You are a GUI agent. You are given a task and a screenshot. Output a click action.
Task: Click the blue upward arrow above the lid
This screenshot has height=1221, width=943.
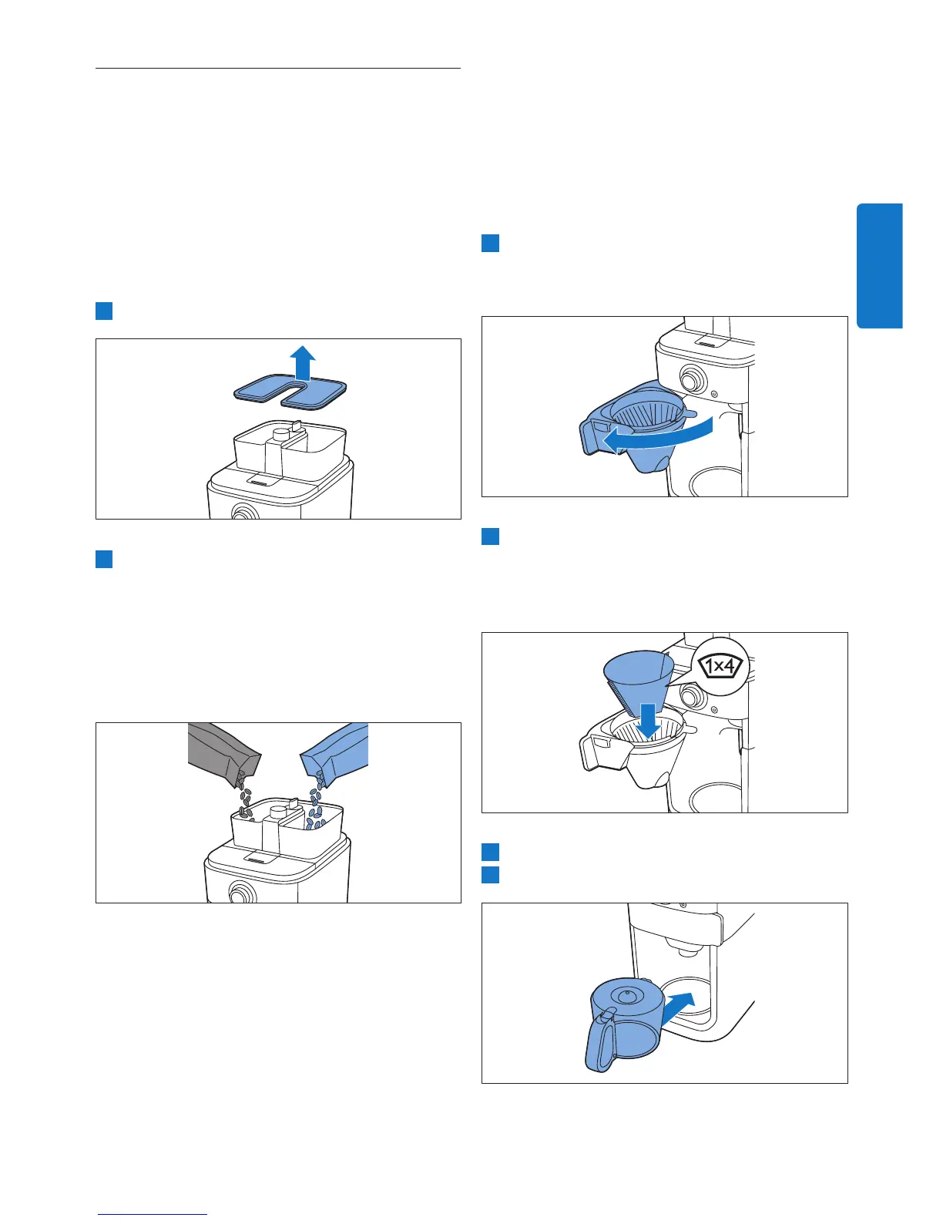point(302,363)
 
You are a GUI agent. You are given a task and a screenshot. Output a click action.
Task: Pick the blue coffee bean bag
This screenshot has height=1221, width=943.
point(335,750)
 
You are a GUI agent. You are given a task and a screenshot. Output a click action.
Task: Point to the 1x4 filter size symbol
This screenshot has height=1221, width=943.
point(720,667)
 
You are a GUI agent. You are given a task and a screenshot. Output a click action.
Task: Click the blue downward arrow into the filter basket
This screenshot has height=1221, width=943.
point(649,721)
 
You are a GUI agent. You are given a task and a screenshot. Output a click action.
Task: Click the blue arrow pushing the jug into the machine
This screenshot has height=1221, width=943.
point(678,1009)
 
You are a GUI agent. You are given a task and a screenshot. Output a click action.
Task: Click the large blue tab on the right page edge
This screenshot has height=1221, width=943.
point(879,265)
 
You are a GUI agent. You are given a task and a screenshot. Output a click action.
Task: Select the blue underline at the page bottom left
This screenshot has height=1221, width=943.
point(153,1210)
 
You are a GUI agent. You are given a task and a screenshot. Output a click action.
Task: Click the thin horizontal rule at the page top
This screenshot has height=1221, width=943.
point(278,68)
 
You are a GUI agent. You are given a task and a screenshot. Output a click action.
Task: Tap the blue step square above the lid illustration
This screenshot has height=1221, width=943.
point(104,311)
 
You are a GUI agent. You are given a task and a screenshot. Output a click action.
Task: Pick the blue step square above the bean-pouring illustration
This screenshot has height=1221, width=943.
point(104,559)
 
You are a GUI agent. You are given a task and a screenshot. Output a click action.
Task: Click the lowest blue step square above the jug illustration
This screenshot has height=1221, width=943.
point(490,875)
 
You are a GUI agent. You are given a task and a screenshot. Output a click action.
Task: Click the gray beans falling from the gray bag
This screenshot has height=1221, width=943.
point(243,797)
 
